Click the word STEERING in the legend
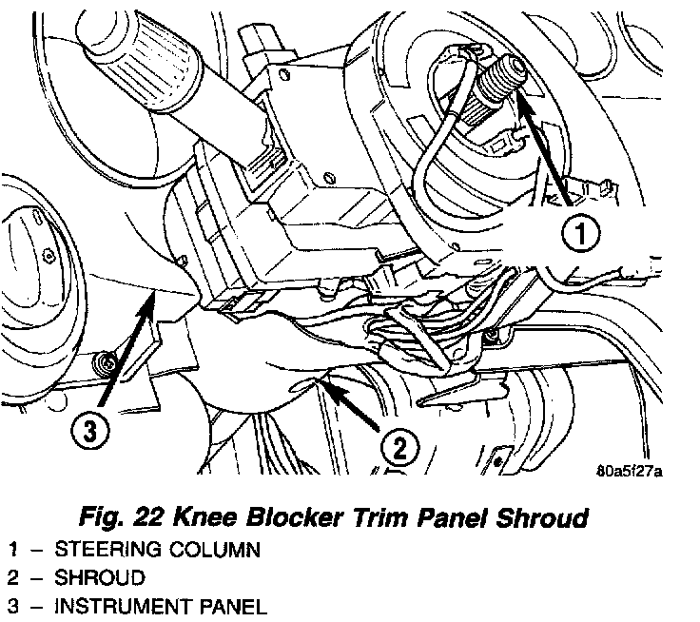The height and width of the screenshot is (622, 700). tap(104, 550)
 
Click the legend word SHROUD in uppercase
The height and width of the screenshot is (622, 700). tap(99, 577)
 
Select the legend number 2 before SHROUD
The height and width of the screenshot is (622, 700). tap(12, 577)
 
